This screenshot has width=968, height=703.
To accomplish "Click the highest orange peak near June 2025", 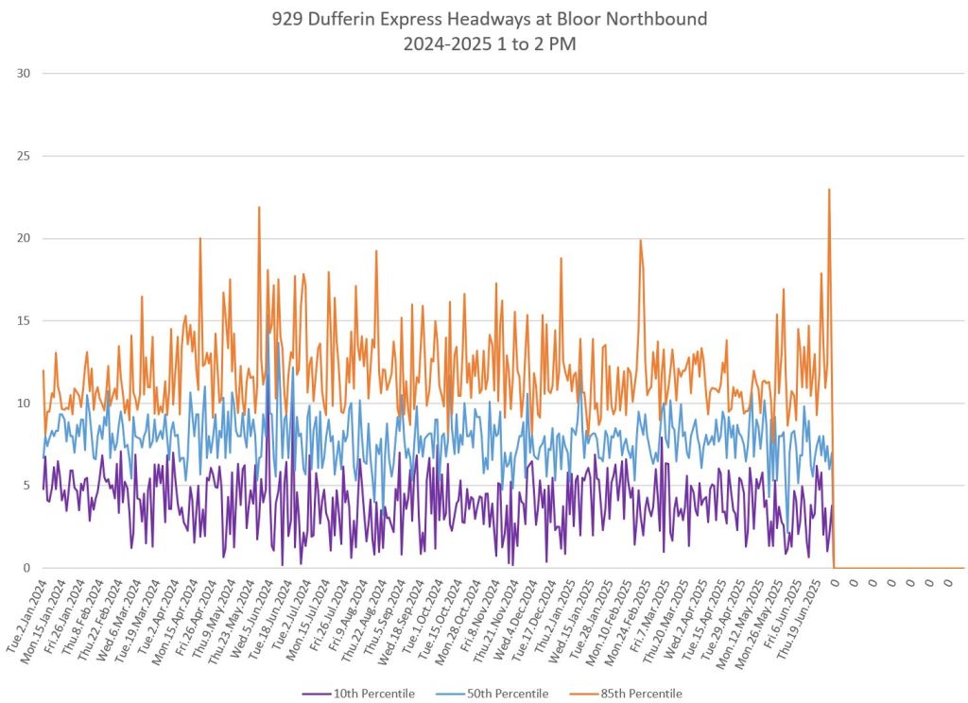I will [x=829, y=190].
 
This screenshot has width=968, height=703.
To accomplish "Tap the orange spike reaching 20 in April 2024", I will [x=200, y=239].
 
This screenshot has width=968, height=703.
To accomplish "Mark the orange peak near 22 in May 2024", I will [x=258, y=208].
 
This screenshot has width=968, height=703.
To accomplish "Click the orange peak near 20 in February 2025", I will [x=640, y=241].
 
